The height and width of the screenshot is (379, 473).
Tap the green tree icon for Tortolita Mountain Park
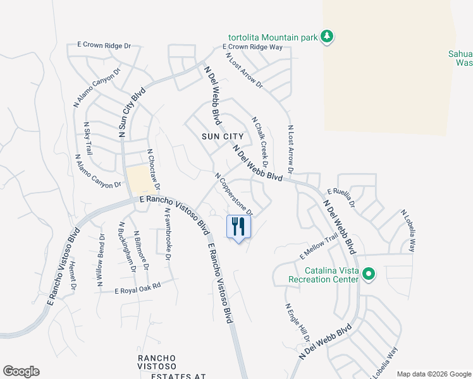tap(327, 37)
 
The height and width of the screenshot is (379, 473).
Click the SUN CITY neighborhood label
tap(223, 136)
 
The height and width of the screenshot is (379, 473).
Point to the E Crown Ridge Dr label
tap(104, 45)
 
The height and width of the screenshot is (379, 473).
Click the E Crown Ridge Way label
tap(253, 47)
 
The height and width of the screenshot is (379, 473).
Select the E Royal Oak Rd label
tap(138, 289)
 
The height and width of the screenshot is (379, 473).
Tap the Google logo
tap(21, 371)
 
